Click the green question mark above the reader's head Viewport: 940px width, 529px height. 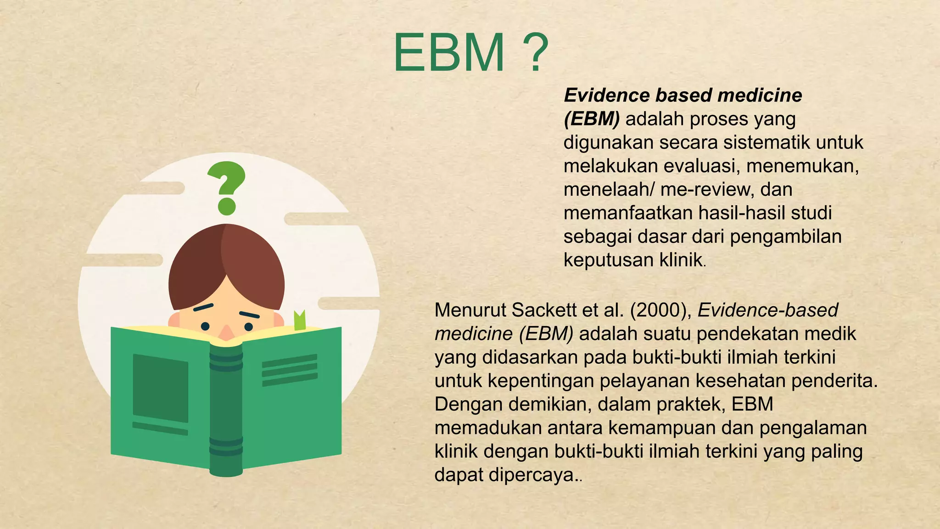point(226,187)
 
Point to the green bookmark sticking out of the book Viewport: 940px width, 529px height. point(300,320)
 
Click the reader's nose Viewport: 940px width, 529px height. point(226,332)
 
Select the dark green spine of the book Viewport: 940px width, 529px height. point(226,409)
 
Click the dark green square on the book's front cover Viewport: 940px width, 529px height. point(160,388)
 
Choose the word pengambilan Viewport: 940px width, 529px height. point(785,236)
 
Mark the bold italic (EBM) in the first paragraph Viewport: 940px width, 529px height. point(591,119)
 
